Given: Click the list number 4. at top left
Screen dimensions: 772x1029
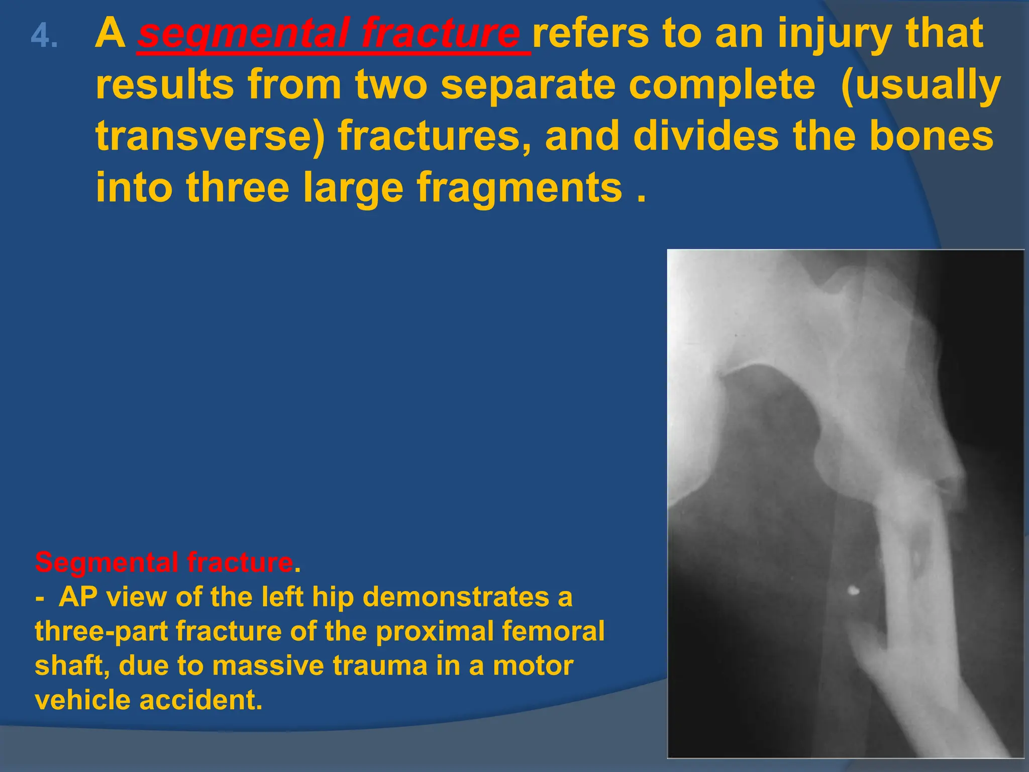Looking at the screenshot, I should click(x=44, y=37).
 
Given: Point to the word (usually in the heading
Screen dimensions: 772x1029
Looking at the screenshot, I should click(x=920, y=85).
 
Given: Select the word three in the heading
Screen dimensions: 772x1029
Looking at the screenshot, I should click(x=238, y=187).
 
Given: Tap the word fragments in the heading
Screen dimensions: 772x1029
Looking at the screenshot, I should click(x=520, y=187).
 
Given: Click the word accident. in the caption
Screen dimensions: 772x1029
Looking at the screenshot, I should click(x=201, y=700).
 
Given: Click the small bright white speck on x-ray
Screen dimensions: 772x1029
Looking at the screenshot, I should click(x=853, y=591).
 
